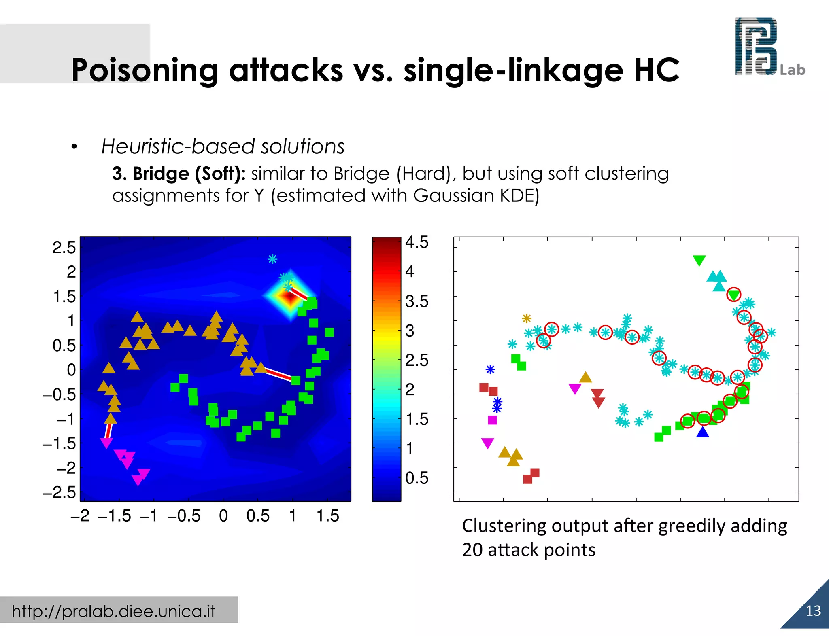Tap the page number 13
(813, 611)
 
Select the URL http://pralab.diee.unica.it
(113, 611)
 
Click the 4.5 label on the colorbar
(417, 242)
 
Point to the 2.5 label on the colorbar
(417, 360)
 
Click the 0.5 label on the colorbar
(417, 478)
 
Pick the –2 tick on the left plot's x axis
(80, 516)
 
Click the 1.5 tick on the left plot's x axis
(327, 516)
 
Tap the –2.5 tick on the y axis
(59, 493)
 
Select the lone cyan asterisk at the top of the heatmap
(272, 259)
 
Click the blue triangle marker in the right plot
(703, 432)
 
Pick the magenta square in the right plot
(492, 420)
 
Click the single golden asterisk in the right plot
(526, 318)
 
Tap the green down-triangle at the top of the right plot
(699, 260)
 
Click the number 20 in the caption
(472, 550)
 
